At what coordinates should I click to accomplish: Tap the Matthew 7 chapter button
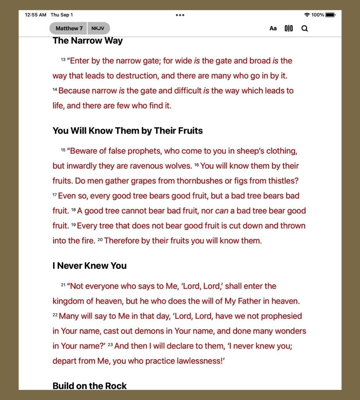click(x=69, y=28)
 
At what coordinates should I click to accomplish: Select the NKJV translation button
click(x=98, y=28)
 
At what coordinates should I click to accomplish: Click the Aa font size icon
click(x=273, y=28)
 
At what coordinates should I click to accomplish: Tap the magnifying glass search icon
click(x=305, y=28)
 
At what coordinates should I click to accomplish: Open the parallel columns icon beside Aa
click(x=289, y=28)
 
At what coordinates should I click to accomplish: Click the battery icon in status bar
click(x=330, y=15)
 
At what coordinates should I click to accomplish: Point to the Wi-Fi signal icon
click(x=307, y=15)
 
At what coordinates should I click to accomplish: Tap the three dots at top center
click(x=180, y=15)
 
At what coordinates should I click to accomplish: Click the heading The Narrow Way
click(x=87, y=41)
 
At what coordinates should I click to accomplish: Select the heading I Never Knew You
click(x=89, y=266)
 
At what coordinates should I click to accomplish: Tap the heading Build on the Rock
click(x=89, y=386)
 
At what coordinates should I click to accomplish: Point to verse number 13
click(x=63, y=60)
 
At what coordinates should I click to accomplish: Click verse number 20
click(x=100, y=239)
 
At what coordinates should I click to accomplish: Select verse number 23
click(x=110, y=345)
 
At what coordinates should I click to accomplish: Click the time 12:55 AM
click(x=36, y=15)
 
